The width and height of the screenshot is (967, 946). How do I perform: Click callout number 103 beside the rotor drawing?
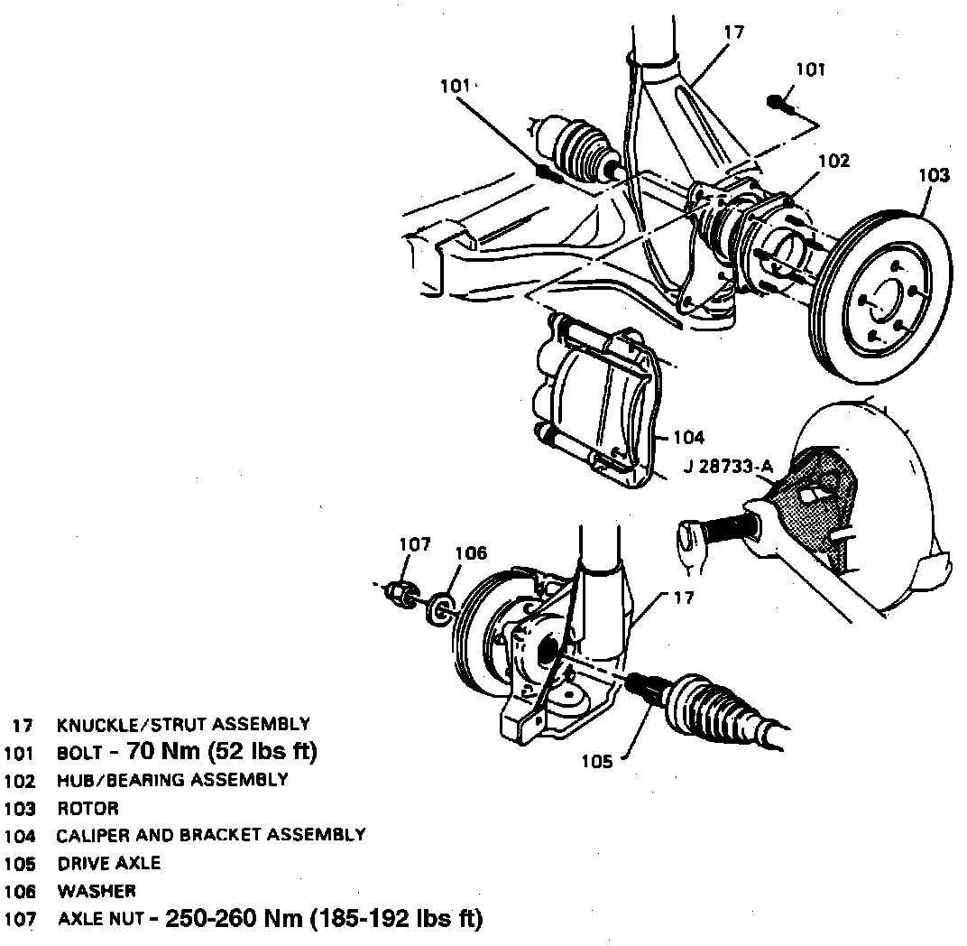pos(934,175)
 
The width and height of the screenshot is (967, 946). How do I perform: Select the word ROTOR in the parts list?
pos(87,808)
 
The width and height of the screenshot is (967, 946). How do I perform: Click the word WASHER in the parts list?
pos(97,891)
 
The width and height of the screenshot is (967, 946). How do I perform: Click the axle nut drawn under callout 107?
pos(399,592)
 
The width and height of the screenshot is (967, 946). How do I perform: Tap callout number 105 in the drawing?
pos(596,761)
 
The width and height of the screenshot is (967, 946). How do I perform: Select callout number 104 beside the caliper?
pos(687,438)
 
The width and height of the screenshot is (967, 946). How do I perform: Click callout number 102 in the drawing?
pos(833,161)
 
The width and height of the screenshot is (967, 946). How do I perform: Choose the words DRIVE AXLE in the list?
pos(109,863)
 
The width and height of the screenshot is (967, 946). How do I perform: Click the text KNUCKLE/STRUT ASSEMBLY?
pos(183,724)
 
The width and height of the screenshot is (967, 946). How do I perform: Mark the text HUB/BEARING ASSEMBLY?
pos(172,779)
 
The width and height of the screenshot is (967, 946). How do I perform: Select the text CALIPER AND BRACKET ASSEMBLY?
pos(211,835)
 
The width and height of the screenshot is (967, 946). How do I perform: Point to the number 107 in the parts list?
pos(19,920)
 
